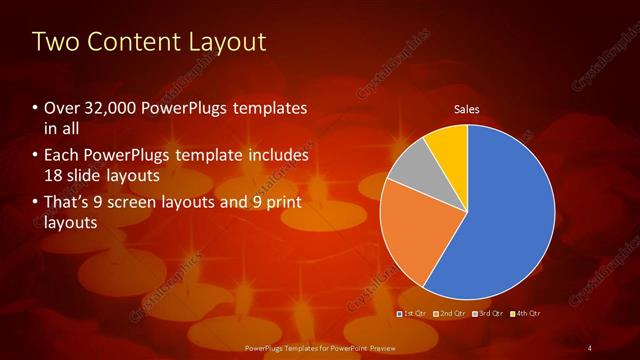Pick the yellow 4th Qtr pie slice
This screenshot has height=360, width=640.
click(448, 144)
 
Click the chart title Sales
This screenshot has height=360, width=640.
click(468, 108)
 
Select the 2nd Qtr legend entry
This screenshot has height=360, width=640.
click(452, 314)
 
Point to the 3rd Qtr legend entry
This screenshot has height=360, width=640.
click(489, 314)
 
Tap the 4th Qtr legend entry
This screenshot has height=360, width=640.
click(526, 314)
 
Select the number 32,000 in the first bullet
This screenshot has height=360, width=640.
click(110, 108)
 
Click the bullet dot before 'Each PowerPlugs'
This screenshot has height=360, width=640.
click(36, 156)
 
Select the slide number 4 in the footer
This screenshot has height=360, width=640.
click(589, 347)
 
